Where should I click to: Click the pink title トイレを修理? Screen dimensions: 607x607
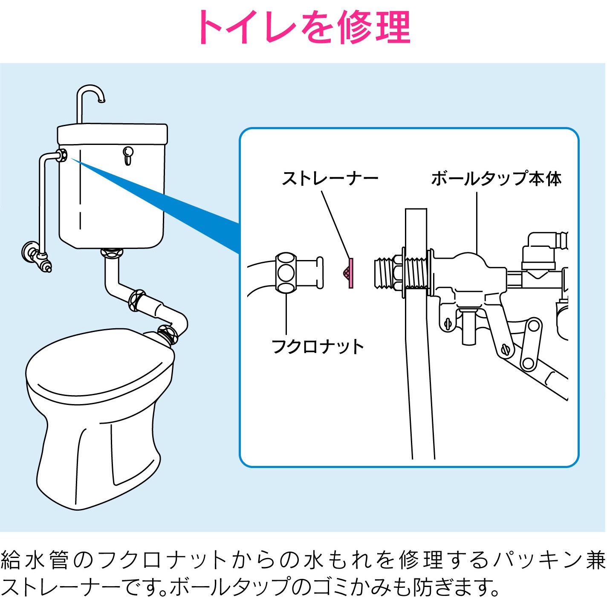tap(304, 27)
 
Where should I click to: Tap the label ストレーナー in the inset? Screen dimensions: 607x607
tap(330, 179)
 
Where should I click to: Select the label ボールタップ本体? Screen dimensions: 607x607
tap(496, 179)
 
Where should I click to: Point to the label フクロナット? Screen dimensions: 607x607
tap(318, 347)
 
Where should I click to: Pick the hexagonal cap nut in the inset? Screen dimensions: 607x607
tap(286, 272)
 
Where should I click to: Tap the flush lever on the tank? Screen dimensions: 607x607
tap(128, 155)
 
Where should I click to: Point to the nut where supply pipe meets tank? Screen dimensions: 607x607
tap(63, 155)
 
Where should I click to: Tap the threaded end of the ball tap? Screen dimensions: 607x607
tap(384, 272)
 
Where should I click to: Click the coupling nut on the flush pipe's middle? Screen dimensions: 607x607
tap(137, 301)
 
